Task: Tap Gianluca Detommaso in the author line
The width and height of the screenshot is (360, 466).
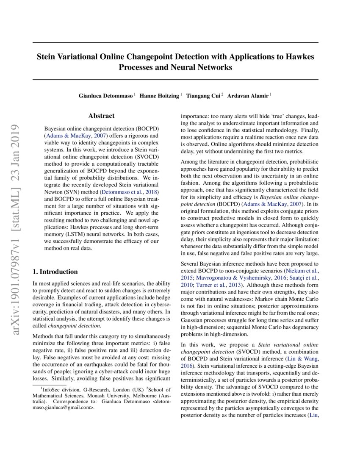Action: point(106,96)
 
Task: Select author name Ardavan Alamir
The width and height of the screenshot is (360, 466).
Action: point(248,96)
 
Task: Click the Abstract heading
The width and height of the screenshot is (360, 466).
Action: point(101,116)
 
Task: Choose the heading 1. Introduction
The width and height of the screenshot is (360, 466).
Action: point(55,272)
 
